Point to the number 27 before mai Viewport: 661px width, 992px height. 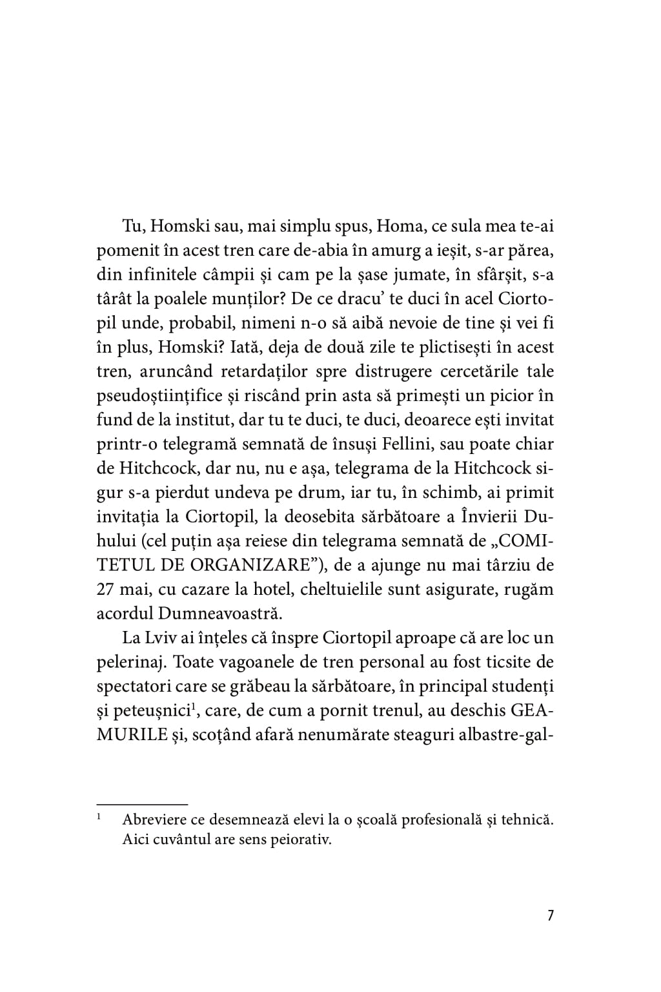click(106, 589)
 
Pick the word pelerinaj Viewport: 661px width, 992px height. click(131, 662)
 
